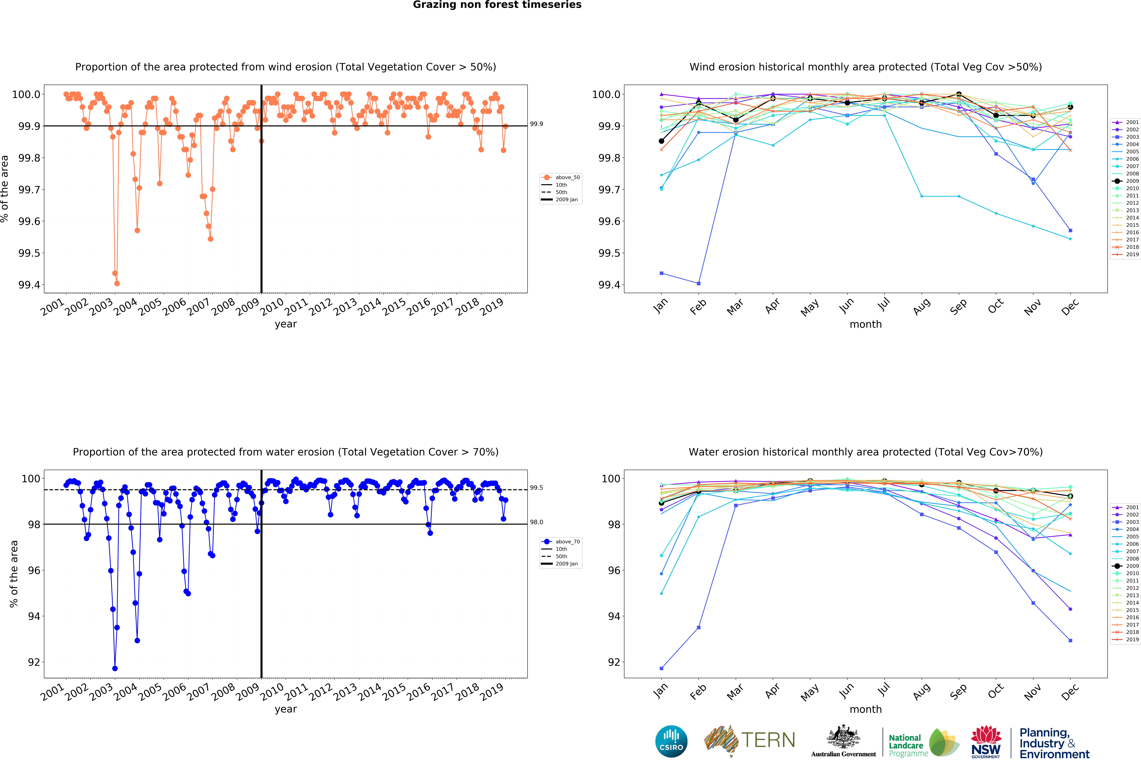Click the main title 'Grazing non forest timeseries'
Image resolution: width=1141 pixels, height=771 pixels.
pos(497,5)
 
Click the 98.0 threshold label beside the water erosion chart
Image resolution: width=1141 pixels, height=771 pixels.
pos(536,522)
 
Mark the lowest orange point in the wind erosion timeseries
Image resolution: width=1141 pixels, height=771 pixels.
pos(117,283)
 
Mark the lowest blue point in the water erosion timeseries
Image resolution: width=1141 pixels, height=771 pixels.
pos(115,668)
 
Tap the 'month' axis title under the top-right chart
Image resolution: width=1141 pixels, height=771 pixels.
pos(866,325)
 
